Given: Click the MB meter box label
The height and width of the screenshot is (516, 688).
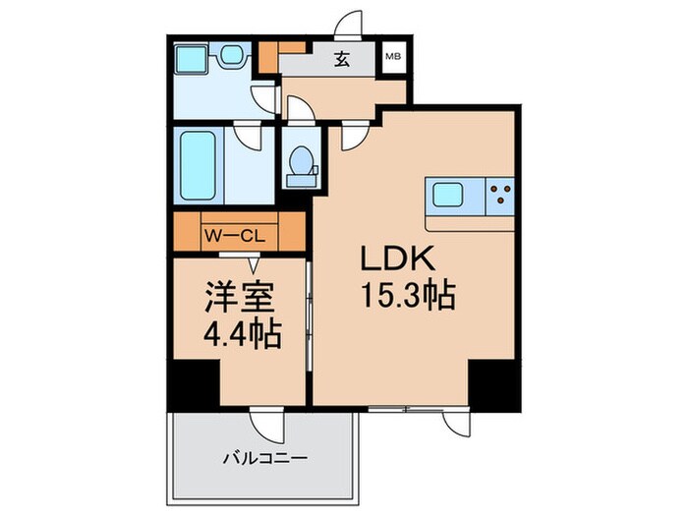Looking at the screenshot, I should click(x=392, y=58).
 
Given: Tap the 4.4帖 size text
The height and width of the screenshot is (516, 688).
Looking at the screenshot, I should click(x=241, y=335).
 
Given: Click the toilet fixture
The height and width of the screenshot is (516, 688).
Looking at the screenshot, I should click(x=299, y=161).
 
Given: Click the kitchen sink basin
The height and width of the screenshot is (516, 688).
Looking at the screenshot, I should click(x=448, y=194).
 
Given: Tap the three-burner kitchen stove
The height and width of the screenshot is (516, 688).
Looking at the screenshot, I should click(x=501, y=195).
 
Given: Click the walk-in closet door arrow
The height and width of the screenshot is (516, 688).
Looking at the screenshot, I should click(x=254, y=262).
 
